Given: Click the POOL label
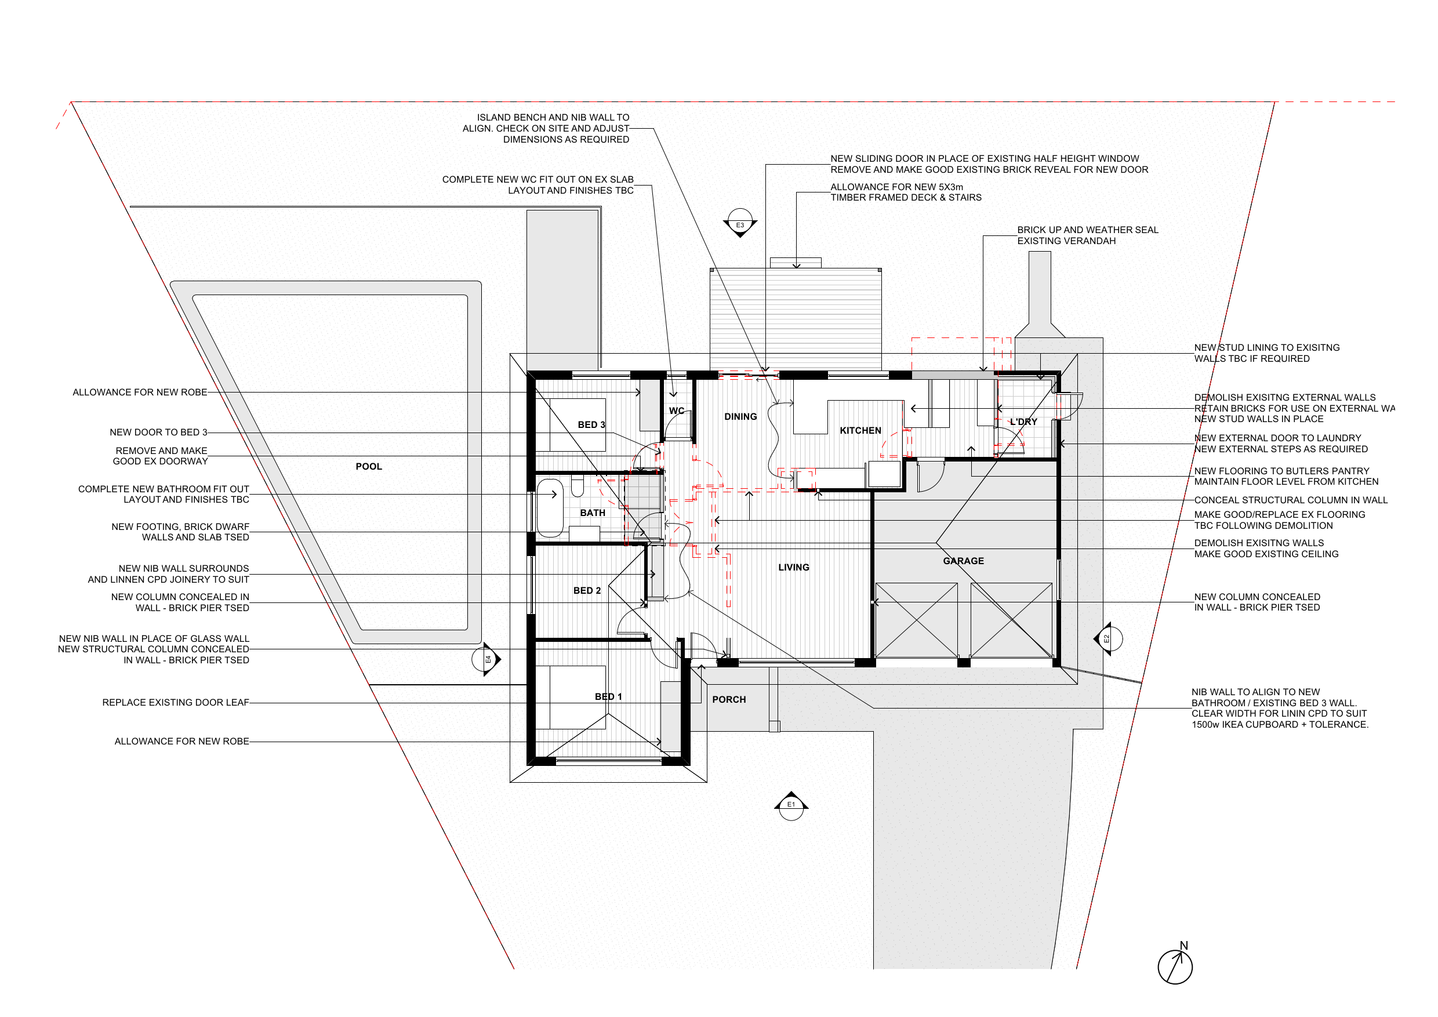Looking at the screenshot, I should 368,467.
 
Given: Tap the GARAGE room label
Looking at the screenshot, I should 963,561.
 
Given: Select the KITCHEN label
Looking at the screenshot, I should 860,431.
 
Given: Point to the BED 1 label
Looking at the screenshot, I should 608,697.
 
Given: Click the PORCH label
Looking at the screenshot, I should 729,699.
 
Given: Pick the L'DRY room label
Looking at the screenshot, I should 1023,422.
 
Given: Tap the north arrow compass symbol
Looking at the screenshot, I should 1175,965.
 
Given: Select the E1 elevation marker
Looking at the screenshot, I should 791,806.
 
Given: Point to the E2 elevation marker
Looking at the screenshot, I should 1107,639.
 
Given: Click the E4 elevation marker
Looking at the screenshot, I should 486,659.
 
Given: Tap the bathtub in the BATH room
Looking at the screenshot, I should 550,508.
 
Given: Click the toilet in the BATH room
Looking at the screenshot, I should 578,486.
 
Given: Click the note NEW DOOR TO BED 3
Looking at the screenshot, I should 158,433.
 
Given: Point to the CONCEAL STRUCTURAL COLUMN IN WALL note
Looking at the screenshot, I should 1291,500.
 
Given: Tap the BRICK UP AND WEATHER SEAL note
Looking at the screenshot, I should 1087,235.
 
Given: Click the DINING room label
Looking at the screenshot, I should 740,417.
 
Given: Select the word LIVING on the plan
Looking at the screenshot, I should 794,568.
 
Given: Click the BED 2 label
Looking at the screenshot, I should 587,590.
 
